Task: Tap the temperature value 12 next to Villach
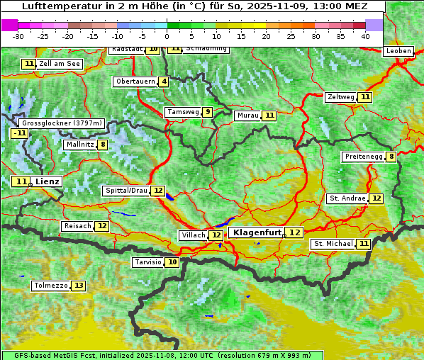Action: coord(216,235)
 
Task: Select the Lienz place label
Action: coord(48,181)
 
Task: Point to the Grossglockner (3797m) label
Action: coord(62,123)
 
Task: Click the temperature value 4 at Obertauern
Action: coord(164,81)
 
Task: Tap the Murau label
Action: coord(247,116)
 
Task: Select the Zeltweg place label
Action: coord(340,97)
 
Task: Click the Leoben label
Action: coord(398,51)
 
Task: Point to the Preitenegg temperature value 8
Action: coord(391,157)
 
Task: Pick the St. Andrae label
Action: coord(347,198)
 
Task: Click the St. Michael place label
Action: coord(333,244)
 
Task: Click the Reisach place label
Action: coord(77,226)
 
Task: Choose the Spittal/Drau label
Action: coord(125,191)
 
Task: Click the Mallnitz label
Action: coord(79,145)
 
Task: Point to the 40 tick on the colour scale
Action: coord(365,35)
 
